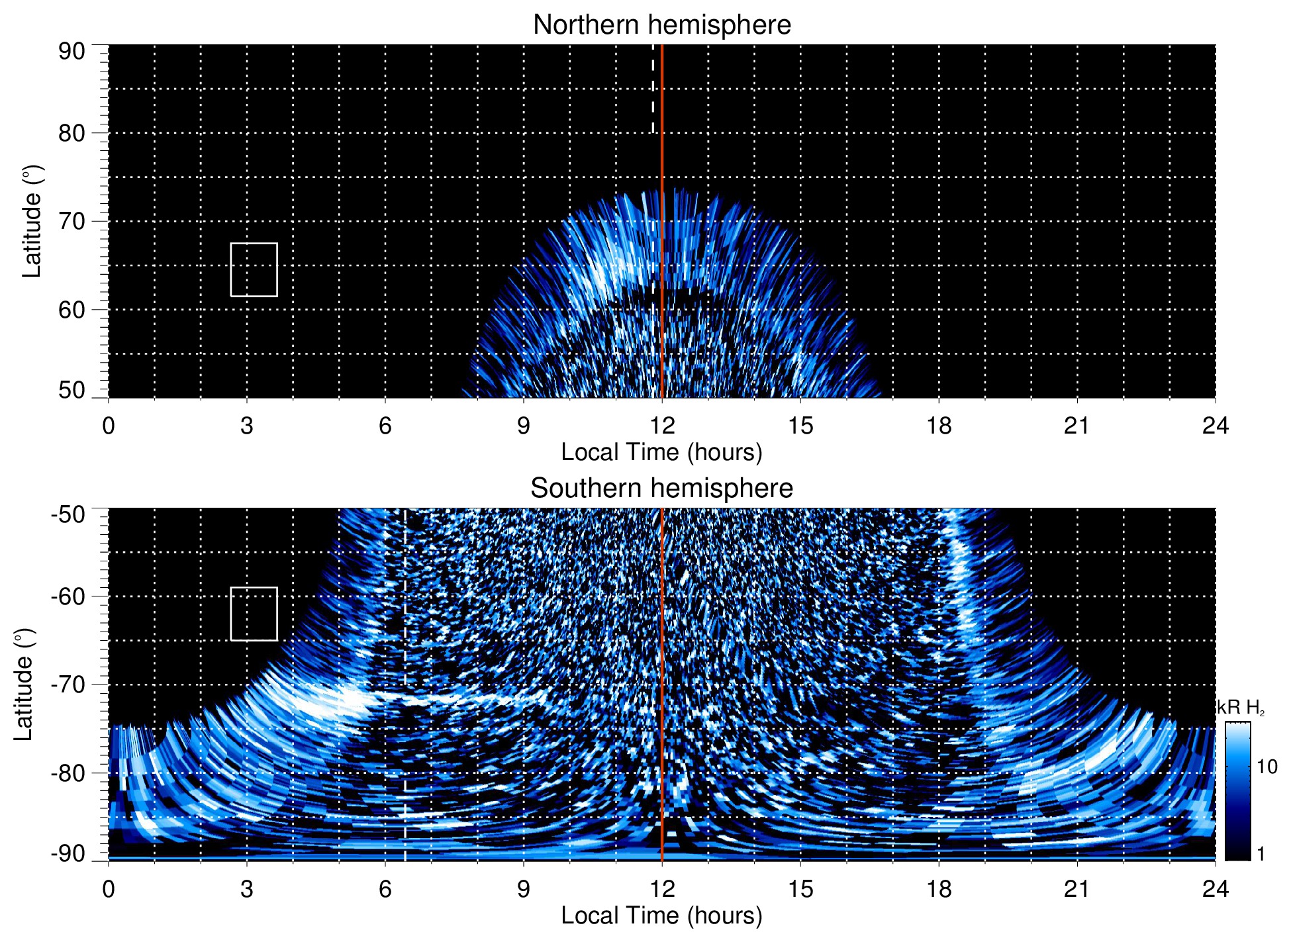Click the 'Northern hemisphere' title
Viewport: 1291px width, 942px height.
(661, 25)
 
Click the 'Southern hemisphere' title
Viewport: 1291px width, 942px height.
(661, 489)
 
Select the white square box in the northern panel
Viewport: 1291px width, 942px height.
(254, 269)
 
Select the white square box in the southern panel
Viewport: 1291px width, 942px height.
(254, 614)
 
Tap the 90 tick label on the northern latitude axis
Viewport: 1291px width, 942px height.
(72, 52)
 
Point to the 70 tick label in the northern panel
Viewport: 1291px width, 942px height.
(72, 221)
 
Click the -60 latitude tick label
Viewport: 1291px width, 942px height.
(68, 596)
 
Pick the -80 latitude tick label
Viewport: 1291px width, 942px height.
(68, 773)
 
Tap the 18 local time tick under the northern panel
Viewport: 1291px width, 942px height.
(938, 426)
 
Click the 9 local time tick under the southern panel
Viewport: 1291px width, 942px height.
(524, 889)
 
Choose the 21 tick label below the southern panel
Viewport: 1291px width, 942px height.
(1076, 889)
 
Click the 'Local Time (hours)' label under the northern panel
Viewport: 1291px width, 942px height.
(661, 452)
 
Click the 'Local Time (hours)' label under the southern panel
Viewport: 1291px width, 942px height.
(661, 916)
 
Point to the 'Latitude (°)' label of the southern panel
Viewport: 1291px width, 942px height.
(24, 684)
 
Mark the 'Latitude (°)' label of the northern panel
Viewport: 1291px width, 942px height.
(32, 221)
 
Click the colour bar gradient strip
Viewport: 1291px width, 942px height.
(1237, 791)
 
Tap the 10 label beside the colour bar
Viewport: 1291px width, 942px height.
(1267, 767)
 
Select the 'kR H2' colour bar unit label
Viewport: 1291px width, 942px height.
(1241, 708)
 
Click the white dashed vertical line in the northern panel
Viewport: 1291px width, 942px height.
(653, 89)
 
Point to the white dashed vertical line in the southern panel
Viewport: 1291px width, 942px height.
(405, 662)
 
